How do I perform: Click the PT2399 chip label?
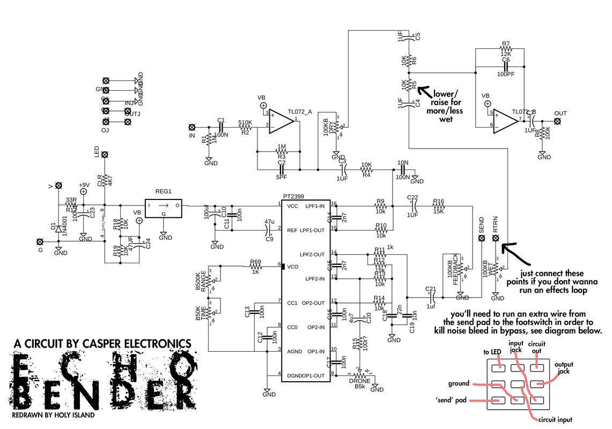tap(294, 197)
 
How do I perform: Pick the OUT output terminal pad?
tap(558, 122)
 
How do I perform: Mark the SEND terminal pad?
tap(481, 236)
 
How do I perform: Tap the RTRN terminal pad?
tap(496, 236)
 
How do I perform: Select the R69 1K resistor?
tap(255, 265)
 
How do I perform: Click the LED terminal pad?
tap(105, 155)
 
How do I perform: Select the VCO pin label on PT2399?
tap(292, 266)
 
